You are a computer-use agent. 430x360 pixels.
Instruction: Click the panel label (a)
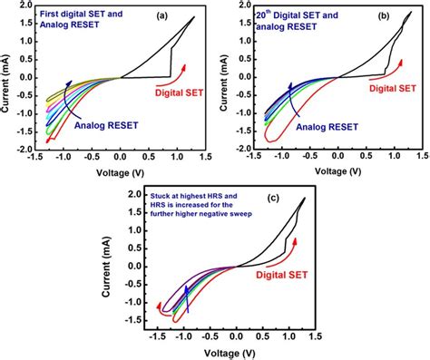(x=184, y=15)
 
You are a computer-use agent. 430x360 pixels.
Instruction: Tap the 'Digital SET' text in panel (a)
(x=161, y=91)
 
